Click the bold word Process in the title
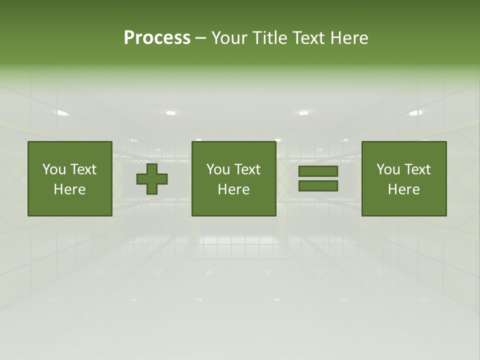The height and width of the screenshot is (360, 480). pos(157,38)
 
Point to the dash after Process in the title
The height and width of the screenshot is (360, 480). pos(200,38)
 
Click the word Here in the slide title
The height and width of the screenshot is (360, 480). pos(349,38)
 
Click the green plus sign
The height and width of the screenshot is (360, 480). pos(152,178)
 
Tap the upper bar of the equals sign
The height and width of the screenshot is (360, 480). pos(318,171)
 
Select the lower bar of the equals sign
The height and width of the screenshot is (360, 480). pos(318,185)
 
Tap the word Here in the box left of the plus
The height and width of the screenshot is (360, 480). pos(69,189)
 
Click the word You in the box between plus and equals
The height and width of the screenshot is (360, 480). pos(218,169)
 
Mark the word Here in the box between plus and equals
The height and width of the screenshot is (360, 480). pos(233,189)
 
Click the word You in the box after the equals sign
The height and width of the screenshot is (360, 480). pos(388,169)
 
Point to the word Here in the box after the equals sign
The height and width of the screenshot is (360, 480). pos(403,189)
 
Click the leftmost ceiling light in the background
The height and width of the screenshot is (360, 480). pos(62,113)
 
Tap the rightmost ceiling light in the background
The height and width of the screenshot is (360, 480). pos(415,113)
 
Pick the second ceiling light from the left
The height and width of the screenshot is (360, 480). pos(171,113)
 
